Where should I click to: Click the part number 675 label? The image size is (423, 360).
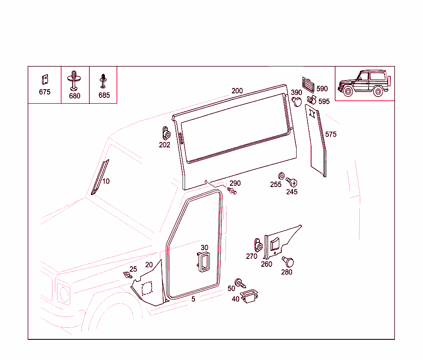45,92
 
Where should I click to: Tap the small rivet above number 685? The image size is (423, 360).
103,81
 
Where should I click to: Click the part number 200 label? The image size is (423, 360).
237,91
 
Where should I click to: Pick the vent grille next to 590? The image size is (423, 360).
308,85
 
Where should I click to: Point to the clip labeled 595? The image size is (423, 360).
312,99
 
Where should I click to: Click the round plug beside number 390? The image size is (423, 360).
297,101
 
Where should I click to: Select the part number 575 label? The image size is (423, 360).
331,135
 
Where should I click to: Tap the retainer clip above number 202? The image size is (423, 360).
166,133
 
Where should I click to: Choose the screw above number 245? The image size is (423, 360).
292,182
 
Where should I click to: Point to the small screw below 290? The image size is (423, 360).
233,191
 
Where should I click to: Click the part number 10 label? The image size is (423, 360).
106,181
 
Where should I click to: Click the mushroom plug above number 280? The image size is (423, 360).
288,262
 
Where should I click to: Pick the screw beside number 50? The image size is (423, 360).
240,284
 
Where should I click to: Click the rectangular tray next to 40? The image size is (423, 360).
249,296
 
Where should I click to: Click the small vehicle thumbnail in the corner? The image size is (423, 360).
364,83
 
